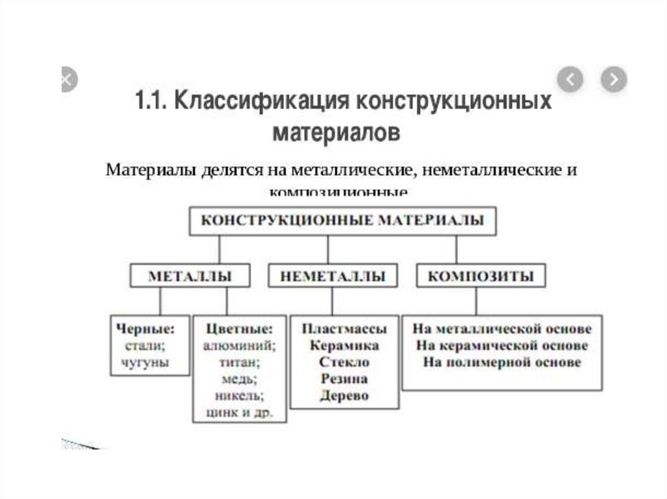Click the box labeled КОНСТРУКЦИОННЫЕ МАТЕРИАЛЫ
coord(342,221)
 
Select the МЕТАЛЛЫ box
coord(190,276)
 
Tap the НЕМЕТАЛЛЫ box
coord(333,276)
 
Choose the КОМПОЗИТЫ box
coord(481,276)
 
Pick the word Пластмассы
coord(344,328)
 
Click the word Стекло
coord(344,362)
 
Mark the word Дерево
coord(344,396)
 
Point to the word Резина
coord(344,379)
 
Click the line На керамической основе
coord(501,345)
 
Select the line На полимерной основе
coord(501,362)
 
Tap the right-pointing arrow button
coord(613,80)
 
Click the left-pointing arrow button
coord(570,80)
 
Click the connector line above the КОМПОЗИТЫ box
coord(456,250)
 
